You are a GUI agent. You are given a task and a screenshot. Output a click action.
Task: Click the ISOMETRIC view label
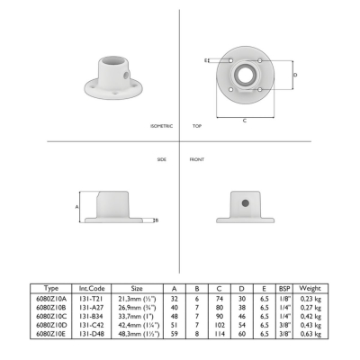tap(161, 126)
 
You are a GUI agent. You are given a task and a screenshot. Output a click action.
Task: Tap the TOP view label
tap(197, 126)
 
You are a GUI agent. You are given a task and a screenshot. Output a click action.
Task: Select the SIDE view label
tap(162, 159)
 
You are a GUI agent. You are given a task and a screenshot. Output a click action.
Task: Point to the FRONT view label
tap(197, 159)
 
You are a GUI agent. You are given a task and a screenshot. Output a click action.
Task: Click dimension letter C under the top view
tap(245, 121)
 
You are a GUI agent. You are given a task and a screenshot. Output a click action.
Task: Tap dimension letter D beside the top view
tap(295, 75)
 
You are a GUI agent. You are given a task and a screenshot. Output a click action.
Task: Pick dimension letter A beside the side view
tap(76, 207)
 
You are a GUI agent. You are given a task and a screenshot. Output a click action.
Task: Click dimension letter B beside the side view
tap(157, 220)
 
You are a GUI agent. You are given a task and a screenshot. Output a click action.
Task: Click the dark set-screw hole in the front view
tap(245, 203)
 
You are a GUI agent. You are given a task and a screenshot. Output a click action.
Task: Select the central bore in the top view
tap(245, 74)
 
